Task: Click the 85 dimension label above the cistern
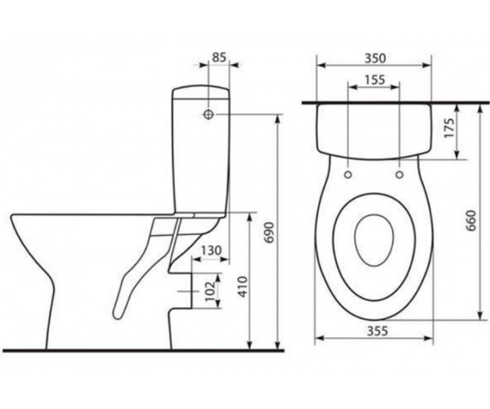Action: point(219,58)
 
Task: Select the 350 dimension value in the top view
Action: point(375,58)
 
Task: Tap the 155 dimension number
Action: point(375,80)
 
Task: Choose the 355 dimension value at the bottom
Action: point(377,331)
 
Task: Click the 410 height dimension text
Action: point(243,287)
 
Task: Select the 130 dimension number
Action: point(211,251)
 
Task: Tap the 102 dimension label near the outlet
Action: point(210,292)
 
